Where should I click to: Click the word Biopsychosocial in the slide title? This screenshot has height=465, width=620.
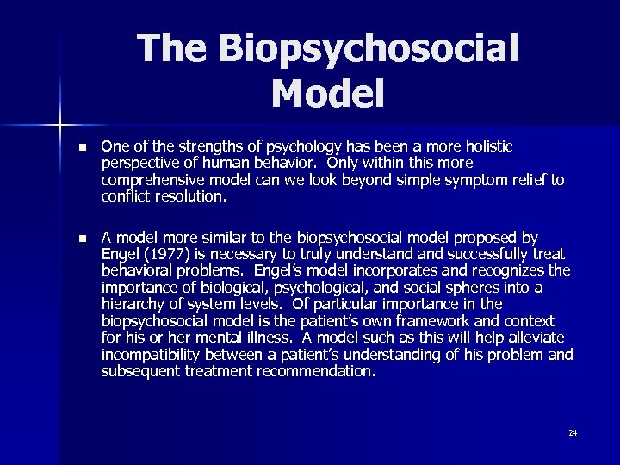pos(369,50)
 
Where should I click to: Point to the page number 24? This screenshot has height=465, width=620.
pos(573,432)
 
